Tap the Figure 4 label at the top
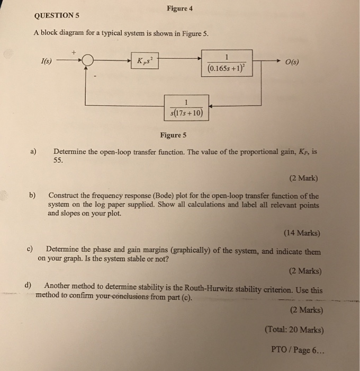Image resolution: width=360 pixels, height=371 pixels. [x=179, y=8]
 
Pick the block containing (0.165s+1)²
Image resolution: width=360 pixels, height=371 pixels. [x=227, y=63]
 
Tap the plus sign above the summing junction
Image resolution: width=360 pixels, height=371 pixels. [x=75, y=52]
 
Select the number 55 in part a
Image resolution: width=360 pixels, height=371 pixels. [x=59, y=161]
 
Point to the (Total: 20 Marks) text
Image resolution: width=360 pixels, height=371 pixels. [x=294, y=329]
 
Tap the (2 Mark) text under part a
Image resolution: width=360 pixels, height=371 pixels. [x=304, y=179]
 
